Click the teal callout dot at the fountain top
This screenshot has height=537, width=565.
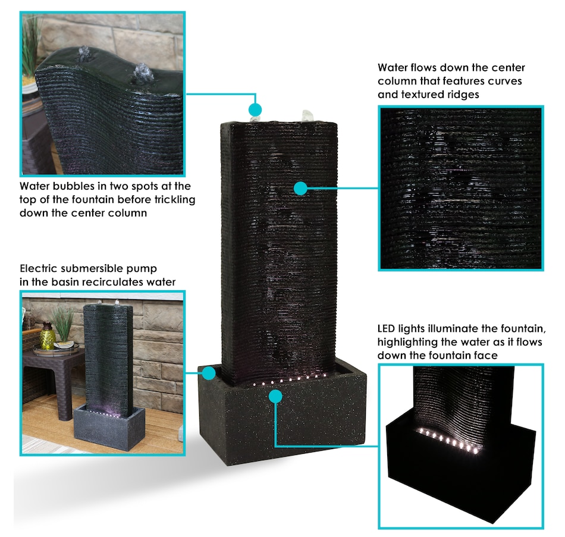pyautogui.click(x=255, y=109)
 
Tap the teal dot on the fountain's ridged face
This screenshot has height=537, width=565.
pyautogui.click(x=300, y=188)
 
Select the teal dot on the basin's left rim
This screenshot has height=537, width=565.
pyautogui.click(x=209, y=373)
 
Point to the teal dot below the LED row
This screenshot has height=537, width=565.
pyautogui.click(x=275, y=397)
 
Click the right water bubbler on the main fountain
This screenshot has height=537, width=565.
pyautogui.click(x=307, y=116)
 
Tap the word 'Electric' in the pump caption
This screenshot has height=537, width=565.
pyautogui.click(x=39, y=269)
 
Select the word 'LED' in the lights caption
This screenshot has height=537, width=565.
pyautogui.click(x=386, y=329)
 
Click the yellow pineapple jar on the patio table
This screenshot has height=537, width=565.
pyautogui.click(x=48, y=337)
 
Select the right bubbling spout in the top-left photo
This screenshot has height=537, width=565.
pyautogui.click(x=143, y=74)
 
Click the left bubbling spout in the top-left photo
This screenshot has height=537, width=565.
pyautogui.click(x=84, y=54)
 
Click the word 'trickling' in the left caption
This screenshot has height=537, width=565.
pyautogui.click(x=175, y=200)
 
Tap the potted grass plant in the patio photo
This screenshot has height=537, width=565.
pyautogui.click(x=64, y=326)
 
